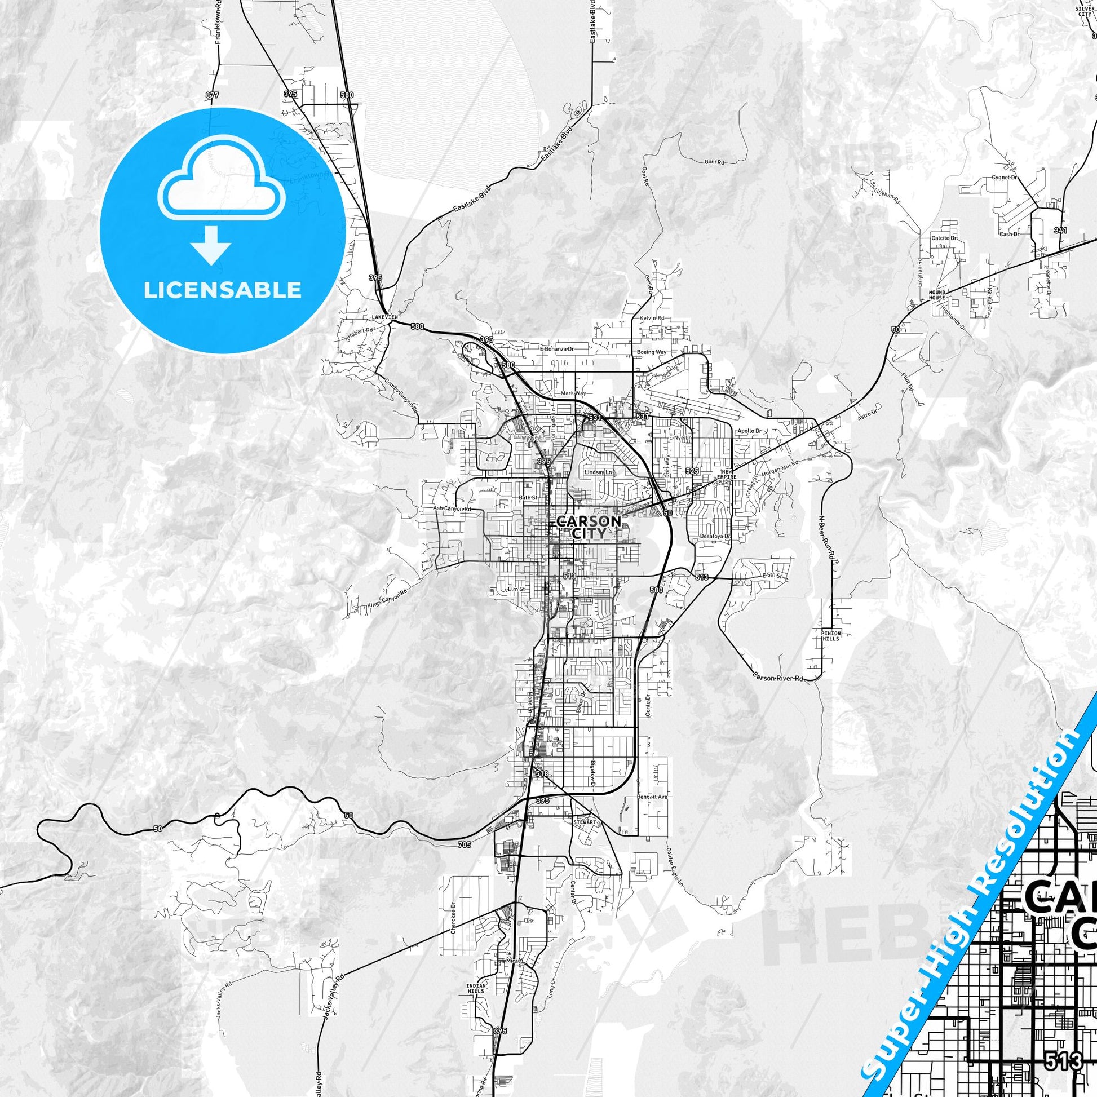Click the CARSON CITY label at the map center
pos(581,527)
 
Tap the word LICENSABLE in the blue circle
pos(222,290)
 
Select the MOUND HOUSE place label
pos(937,295)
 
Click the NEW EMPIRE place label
pos(728,474)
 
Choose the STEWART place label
pos(583,821)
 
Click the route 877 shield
pos(213,95)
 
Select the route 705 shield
pos(464,845)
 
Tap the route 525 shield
pos(692,471)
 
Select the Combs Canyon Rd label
pos(401,396)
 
